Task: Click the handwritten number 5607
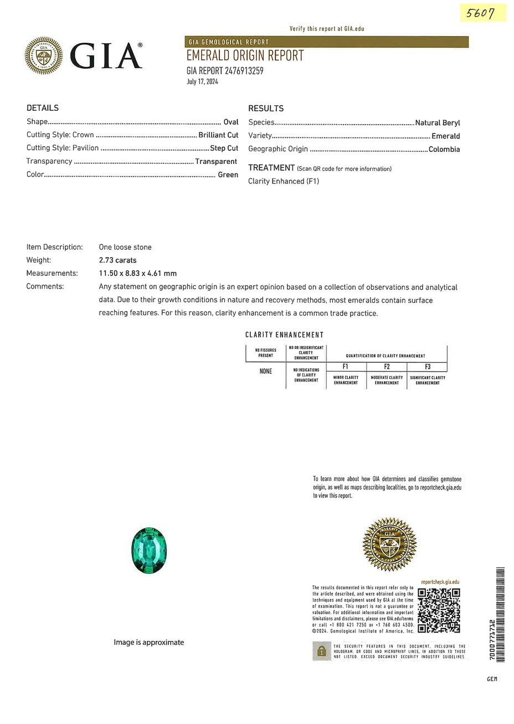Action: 480,12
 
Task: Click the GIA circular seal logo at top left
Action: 44,55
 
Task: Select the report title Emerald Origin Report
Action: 245,55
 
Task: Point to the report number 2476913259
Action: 244,70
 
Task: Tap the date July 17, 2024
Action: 202,81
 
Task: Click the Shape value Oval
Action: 230,122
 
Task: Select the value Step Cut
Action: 224,148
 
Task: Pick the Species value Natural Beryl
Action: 437,123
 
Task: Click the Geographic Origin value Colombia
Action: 444,149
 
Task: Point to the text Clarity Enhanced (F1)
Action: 284,181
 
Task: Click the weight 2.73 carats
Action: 117,260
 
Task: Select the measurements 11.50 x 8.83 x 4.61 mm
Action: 137,273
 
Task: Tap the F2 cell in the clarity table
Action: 387,367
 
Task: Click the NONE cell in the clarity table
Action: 266,371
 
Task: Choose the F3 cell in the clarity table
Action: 427,367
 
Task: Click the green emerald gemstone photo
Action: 149,550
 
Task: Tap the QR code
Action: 439,610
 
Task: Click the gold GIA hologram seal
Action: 389,545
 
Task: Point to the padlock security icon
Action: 321,651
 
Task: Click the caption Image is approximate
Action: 148,643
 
